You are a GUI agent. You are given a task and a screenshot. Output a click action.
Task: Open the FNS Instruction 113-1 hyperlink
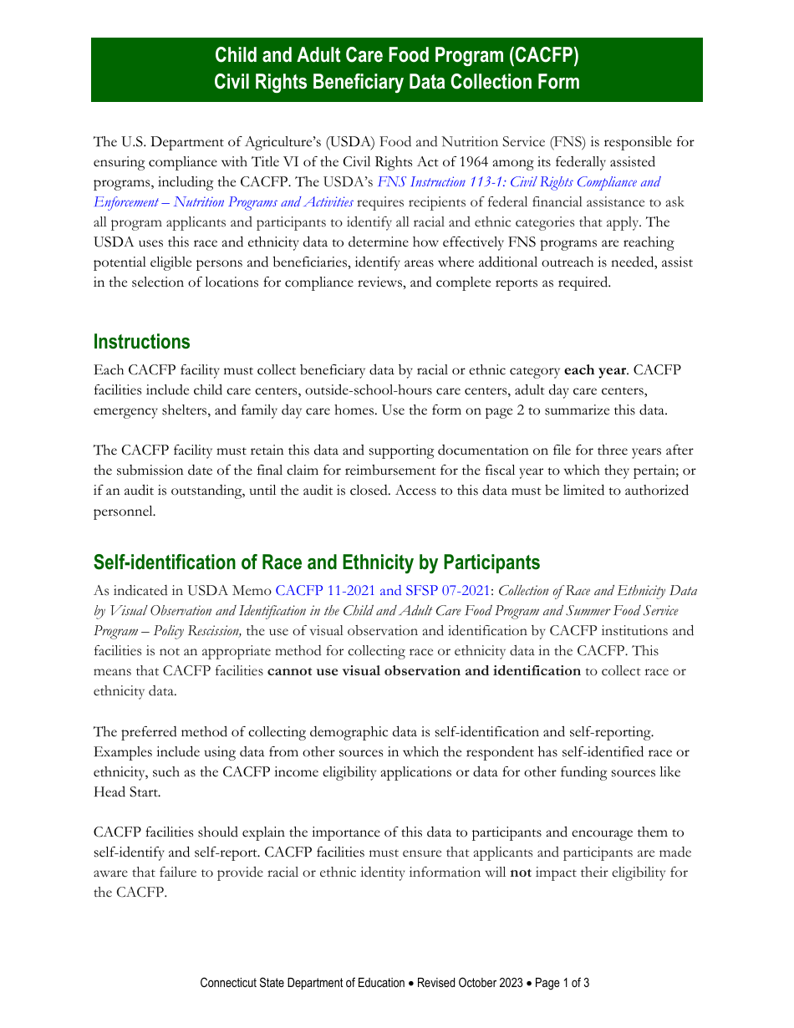click(518, 182)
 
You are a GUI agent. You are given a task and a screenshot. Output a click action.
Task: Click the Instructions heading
click(141, 342)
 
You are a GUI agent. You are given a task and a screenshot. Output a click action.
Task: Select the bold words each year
click(595, 369)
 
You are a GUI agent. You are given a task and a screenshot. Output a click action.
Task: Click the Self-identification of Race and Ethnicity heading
click(316, 562)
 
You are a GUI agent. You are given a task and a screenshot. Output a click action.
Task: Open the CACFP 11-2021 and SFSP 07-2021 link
click(382, 591)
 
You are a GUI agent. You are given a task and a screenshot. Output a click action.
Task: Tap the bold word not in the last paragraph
click(521, 873)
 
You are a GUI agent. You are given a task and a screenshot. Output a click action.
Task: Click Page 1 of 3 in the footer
click(562, 983)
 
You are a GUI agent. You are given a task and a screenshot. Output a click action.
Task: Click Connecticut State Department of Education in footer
click(302, 983)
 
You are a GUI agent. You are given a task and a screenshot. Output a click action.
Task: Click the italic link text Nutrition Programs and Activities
click(263, 202)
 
